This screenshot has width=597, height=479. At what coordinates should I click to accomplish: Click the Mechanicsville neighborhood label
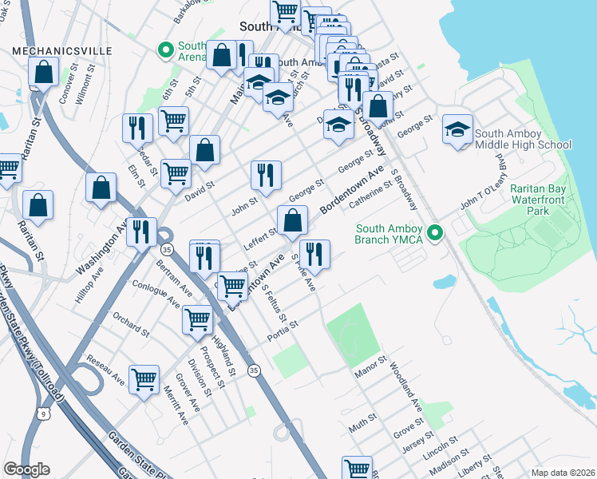point(61,50)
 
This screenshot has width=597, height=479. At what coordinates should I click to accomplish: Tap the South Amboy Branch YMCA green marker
point(435,233)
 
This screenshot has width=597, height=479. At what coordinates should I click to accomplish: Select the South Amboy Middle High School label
point(523,139)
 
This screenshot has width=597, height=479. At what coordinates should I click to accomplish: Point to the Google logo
point(26,469)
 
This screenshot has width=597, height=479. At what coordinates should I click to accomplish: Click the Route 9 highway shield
point(47,412)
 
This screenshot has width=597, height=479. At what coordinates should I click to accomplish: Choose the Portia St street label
point(283,330)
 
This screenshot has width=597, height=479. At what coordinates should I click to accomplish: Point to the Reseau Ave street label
point(105,367)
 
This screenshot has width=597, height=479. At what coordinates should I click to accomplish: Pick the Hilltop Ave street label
point(90,286)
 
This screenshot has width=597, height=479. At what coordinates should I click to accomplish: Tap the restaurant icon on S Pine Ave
point(314,255)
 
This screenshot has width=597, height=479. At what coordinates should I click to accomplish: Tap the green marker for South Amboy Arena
point(167,50)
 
